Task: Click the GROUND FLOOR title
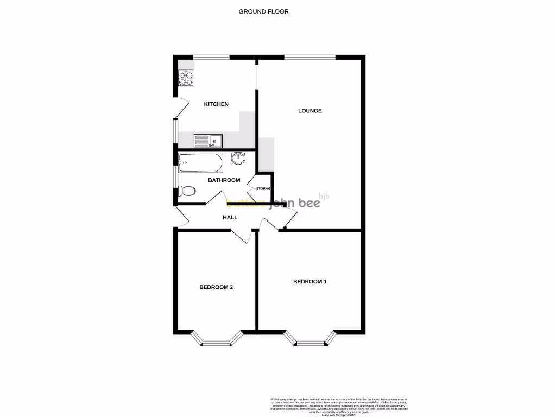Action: coord(263,11)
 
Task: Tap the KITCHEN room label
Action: coord(216,104)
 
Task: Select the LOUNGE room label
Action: coord(310,111)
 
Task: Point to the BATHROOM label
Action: coord(224,180)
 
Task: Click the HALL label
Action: coord(230,217)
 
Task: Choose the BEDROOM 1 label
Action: coord(310,281)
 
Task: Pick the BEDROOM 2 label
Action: coord(216,287)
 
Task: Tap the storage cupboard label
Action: coord(260,188)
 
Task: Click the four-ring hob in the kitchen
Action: coord(186,79)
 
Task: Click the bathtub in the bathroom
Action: coord(200,162)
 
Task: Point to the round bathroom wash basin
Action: coord(238,158)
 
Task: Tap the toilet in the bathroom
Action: coord(186,191)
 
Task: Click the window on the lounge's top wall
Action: coord(309,57)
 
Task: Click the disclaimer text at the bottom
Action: coord(338,407)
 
